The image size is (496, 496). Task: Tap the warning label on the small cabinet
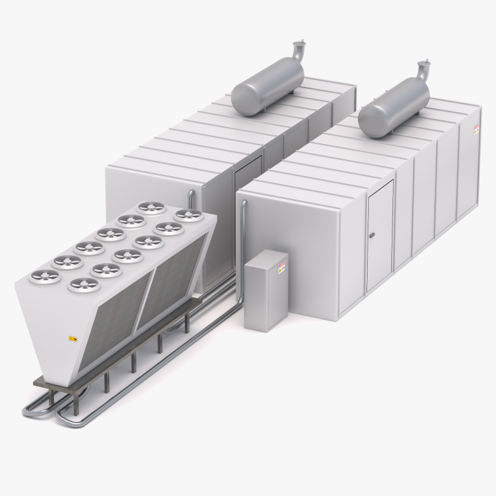click(281, 267)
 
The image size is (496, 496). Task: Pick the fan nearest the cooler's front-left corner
click(46, 275)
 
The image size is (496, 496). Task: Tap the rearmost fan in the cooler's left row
click(152, 207)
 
